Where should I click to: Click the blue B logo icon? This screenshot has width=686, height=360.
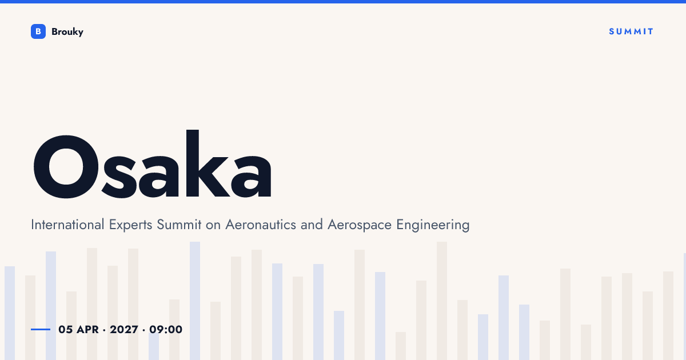38,31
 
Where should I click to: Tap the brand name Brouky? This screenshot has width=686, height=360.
67,32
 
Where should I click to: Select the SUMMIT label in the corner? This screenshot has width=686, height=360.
631,31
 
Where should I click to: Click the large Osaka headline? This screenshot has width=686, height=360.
152,164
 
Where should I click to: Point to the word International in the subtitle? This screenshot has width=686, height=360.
67,225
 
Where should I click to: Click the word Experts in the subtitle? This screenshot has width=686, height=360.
130,225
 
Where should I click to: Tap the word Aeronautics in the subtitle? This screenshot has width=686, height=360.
261,225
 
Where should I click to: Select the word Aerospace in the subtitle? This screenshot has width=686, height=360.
360,225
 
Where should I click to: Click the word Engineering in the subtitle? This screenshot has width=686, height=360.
433,225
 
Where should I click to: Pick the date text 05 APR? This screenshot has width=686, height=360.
78,329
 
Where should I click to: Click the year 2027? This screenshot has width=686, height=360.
124,329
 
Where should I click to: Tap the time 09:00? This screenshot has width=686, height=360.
166,329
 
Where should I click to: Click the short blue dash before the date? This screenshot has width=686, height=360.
41,329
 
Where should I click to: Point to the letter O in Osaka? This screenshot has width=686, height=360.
66,166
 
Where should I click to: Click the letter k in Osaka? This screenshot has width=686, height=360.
208,163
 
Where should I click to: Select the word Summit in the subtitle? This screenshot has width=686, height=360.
179,225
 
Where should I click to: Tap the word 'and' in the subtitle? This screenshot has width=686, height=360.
312,225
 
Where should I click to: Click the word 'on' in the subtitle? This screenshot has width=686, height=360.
213,226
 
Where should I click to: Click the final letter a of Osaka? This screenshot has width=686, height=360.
251,177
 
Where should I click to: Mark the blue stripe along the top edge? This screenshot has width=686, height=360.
343,2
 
